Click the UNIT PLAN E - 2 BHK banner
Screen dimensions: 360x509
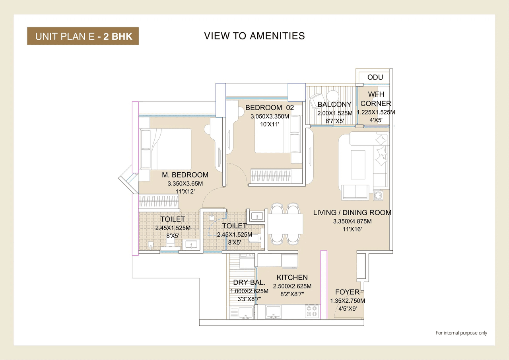tap(83, 36)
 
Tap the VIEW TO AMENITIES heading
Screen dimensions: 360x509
tap(254, 36)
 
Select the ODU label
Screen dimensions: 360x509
tap(375, 77)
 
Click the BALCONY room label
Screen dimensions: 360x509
tap(334, 105)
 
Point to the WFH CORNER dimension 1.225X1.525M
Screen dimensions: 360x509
tap(376, 113)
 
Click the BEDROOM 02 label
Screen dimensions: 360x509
tap(269, 107)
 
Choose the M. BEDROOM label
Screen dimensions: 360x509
tap(185, 175)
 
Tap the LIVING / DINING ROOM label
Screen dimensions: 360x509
tap(352, 213)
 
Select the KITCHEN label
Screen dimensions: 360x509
tap(292, 278)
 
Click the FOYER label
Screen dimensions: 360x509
tap(347, 292)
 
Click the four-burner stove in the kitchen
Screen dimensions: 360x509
tap(312, 311)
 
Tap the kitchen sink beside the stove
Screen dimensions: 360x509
tap(274, 311)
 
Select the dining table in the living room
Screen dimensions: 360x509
tap(285, 224)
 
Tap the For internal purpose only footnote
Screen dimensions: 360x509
tap(461, 333)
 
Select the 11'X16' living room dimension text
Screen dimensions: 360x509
tap(352, 229)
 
